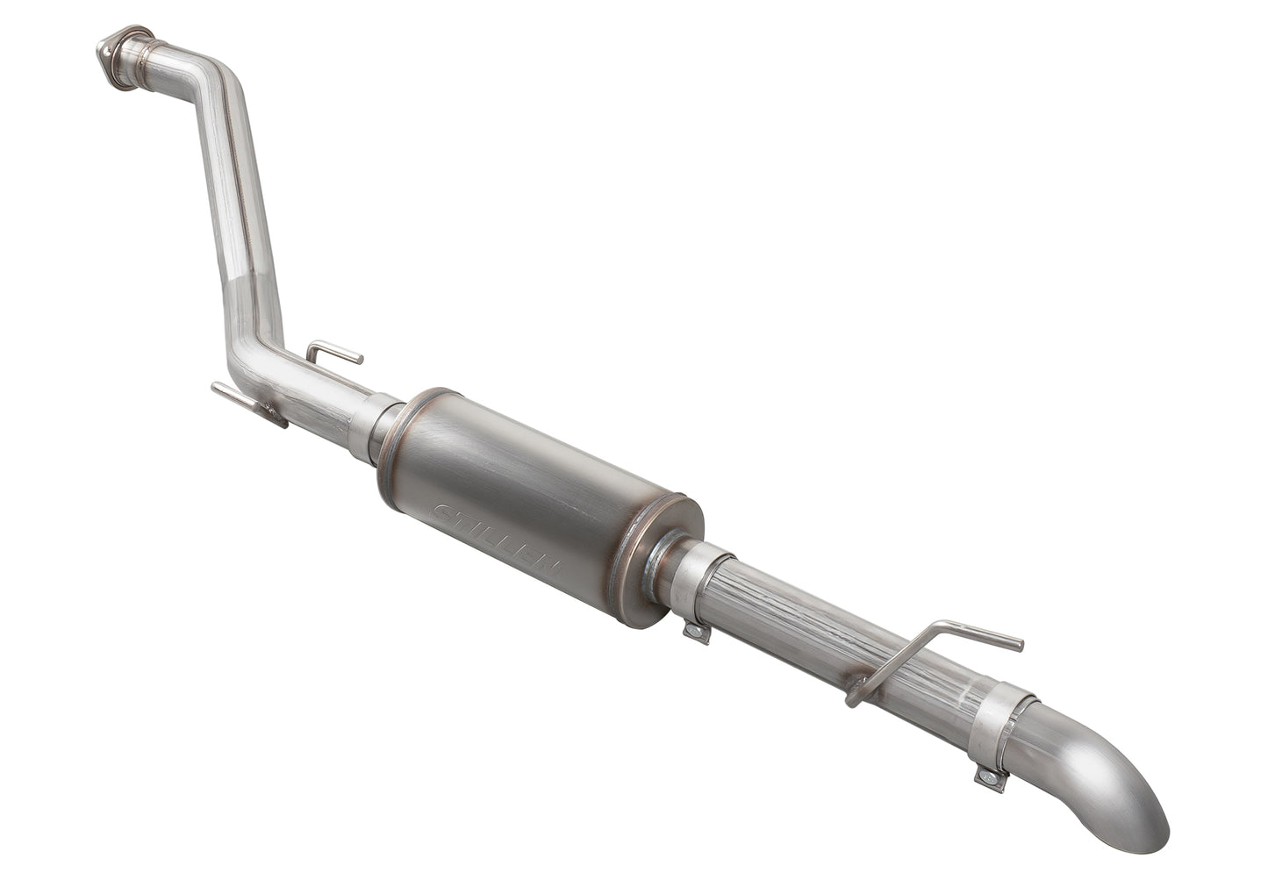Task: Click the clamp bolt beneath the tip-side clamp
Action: tap(990, 776)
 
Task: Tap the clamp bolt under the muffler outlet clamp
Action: tap(696, 632)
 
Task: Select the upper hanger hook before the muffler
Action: tap(333, 353)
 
